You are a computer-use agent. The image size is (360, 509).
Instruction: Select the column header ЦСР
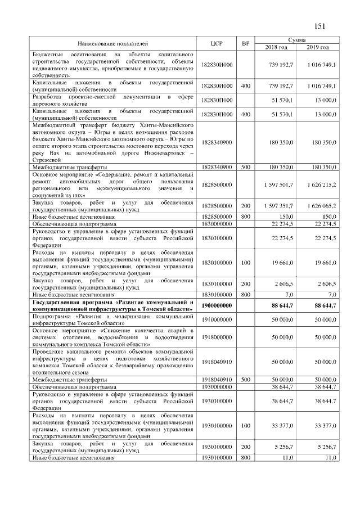217,43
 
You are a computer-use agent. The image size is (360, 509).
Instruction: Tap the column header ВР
245,43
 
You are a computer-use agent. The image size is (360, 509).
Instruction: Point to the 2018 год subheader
276,47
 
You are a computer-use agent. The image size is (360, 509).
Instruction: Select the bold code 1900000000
217,305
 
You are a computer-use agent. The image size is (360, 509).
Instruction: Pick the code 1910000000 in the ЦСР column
217,319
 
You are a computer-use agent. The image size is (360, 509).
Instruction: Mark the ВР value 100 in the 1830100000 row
245,262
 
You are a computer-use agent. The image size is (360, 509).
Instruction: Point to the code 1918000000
217,336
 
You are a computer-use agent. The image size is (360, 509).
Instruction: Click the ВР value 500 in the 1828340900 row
245,167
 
